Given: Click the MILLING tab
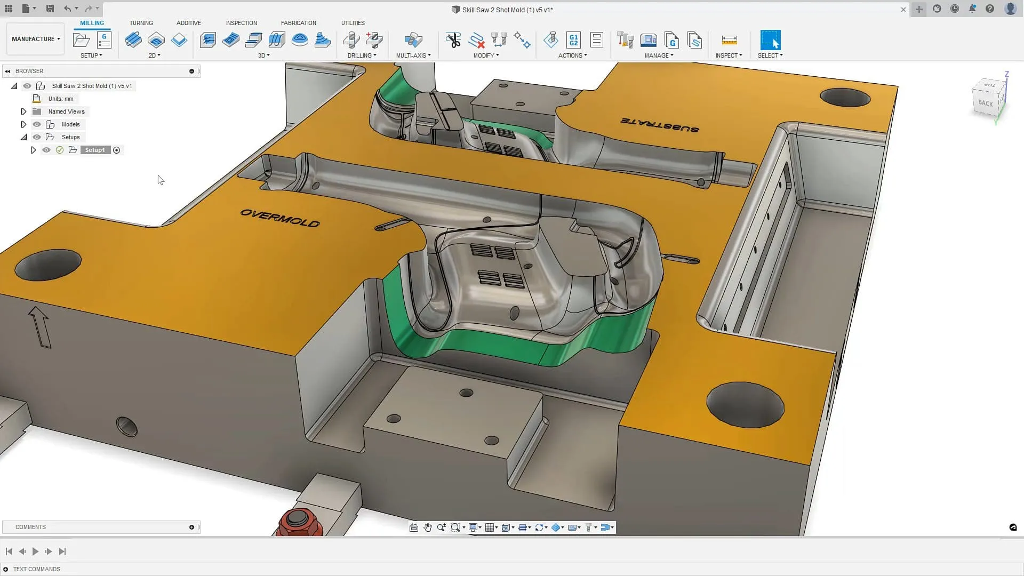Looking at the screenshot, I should click(92, 23).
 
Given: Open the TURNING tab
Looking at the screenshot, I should click(141, 23).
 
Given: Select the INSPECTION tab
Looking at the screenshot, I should click(241, 23).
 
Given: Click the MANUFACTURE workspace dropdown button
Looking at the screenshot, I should click(36, 39).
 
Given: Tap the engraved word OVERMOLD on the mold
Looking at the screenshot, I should click(280, 218).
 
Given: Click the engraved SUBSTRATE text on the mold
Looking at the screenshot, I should click(660, 125).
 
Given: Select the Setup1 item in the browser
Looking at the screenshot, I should click(95, 150).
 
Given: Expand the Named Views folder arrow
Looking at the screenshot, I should click(23, 111).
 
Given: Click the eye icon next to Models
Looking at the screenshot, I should click(37, 124).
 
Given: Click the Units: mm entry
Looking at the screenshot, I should click(61, 99).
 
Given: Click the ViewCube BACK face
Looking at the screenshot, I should click(986, 103).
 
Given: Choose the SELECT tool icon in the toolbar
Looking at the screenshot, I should click(770, 40).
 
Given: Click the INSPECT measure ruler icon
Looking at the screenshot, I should click(729, 40).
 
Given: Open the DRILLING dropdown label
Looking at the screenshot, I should click(362, 55).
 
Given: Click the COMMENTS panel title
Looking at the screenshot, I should click(30, 527).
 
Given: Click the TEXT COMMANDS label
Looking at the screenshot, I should click(36, 569).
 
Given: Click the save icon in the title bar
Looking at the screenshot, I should click(50, 9).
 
